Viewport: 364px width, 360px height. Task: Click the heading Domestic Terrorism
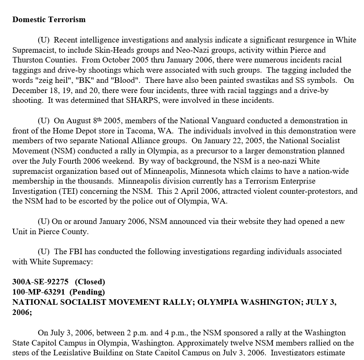pos(49,20)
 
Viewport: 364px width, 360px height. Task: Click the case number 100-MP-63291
pos(39,292)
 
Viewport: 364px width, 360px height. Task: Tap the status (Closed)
pos(90,282)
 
